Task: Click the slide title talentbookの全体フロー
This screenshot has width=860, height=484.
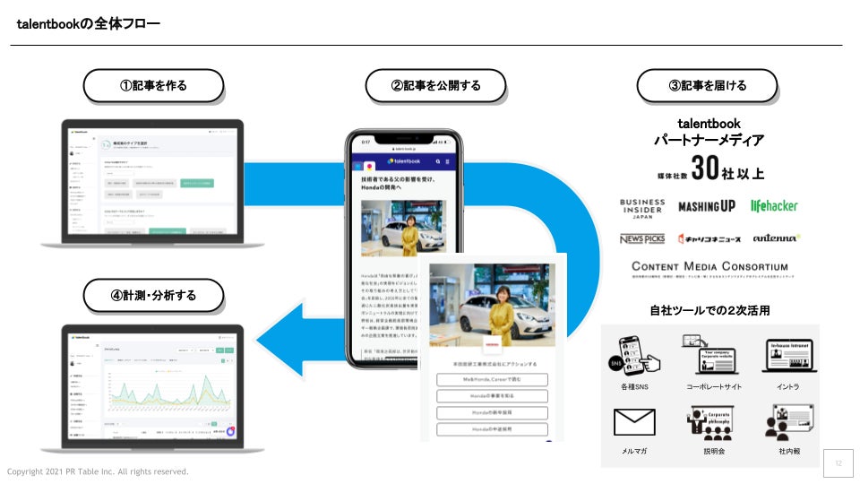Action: pos(89,23)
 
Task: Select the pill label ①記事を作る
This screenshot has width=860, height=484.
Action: pos(153,86)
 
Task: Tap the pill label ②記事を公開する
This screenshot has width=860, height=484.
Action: pos(435,86)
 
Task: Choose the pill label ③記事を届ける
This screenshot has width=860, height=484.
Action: pos(707,86)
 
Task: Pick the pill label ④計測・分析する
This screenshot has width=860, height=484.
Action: pos(153,295)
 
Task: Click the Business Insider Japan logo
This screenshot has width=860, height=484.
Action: pos(641,209)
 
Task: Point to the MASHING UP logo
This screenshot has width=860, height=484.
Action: pos(706,206)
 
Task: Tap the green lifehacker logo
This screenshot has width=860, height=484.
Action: pos(773,205)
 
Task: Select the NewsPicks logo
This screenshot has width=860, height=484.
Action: pos(641,238)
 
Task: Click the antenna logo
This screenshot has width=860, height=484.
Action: pos(776,238)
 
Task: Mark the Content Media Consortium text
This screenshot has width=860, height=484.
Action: pos(709,266)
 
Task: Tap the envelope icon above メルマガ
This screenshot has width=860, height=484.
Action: pos(634,421)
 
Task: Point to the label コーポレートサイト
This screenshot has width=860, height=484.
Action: pos(714,387)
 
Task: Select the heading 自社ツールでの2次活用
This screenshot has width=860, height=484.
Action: pos(709,310)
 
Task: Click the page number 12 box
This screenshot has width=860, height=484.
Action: pos(838,463)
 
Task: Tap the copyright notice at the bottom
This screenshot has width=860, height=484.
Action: pos(98,471)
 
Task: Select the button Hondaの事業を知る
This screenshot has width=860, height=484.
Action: pos(492,396)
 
